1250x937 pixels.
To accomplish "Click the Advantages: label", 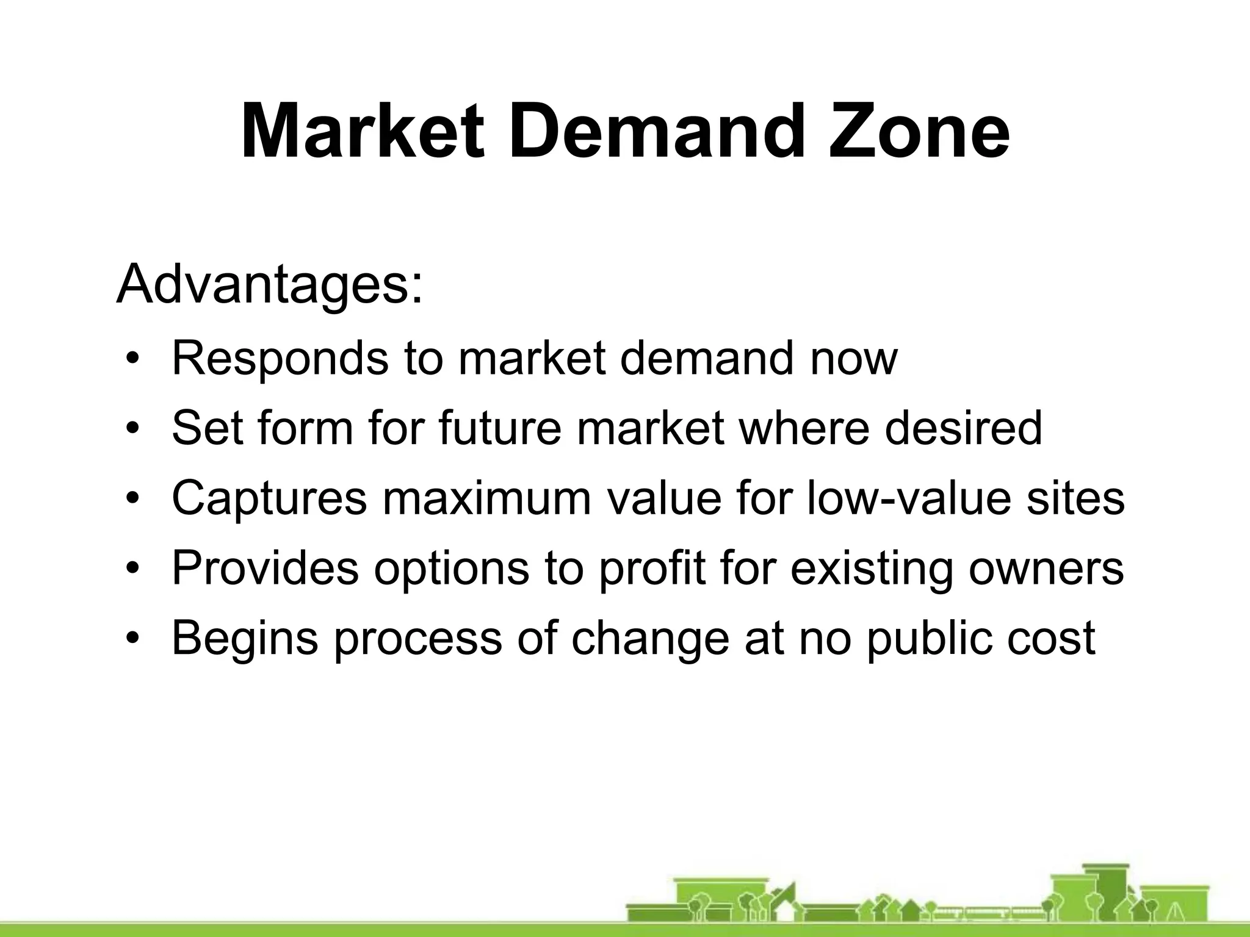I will tap(269, 285).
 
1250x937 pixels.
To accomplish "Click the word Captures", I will tap(269, 498).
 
